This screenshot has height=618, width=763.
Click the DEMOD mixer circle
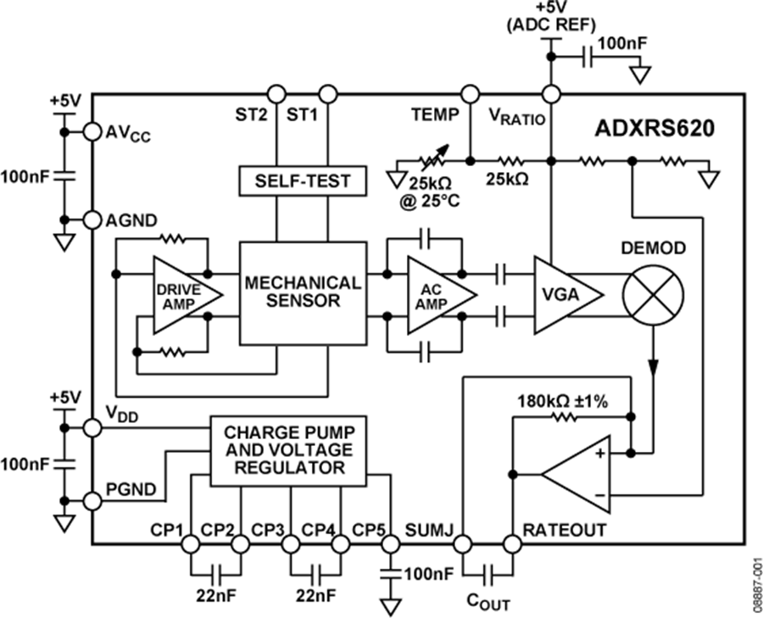(653, 293)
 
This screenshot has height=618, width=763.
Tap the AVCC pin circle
(92, 131)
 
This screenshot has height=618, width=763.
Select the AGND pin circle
(92, 220)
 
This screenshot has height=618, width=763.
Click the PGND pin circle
(92, 501)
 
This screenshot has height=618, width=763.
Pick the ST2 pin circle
(275, 92)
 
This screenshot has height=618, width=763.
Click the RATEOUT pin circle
(512, 543)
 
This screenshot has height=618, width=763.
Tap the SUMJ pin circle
(463, 543)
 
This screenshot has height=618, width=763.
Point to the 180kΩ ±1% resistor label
(563, 402)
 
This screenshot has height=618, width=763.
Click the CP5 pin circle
(390, 543)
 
